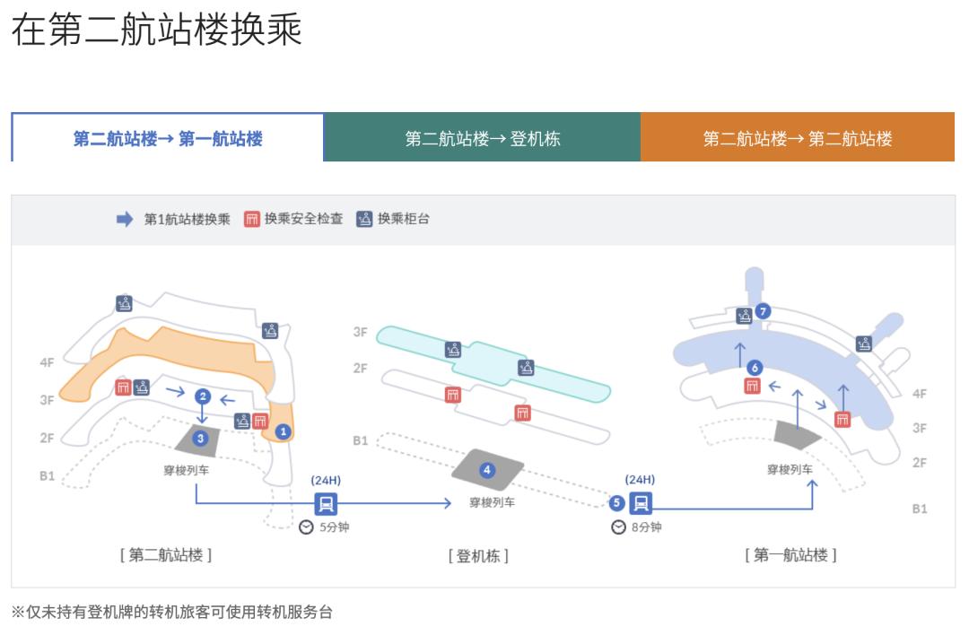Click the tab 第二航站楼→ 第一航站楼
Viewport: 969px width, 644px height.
168,138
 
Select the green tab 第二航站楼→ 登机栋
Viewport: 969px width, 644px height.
483,138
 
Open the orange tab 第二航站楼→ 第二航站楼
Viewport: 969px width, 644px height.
798,138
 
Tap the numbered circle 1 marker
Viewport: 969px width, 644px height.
284,431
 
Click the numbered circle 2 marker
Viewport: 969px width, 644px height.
203,396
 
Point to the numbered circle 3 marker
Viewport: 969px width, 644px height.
201,438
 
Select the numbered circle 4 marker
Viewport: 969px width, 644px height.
487,470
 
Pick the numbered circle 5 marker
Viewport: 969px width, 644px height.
616,502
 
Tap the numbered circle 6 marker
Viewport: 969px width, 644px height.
755,367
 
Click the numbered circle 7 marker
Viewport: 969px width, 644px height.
764,311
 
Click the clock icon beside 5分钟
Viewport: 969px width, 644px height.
306,527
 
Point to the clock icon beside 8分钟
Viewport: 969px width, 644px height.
618,527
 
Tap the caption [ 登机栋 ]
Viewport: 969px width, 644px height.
478,556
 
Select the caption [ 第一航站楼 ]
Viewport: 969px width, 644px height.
790,555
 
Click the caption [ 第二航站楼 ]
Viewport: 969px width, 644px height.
166,555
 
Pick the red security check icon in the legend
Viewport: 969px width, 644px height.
251,219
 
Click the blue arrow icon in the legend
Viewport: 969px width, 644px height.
125,220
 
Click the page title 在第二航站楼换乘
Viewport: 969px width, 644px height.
156,30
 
